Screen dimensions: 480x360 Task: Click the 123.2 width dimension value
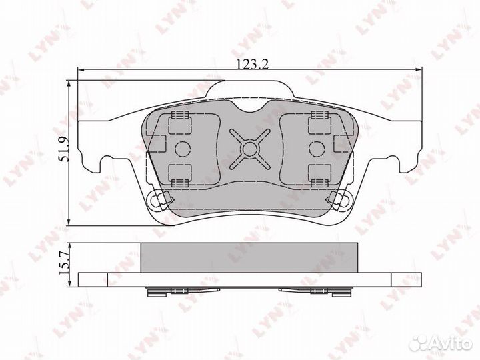click(x=253, y=64)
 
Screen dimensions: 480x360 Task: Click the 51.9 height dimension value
click(x=65, y=149)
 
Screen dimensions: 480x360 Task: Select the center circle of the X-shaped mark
click(x=250, y=149)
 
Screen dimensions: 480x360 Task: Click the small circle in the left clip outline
click(x=183, y=149)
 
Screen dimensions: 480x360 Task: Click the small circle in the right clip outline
click(x=317, y=149)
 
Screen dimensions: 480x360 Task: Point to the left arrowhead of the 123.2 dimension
click(x=81, y=70)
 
